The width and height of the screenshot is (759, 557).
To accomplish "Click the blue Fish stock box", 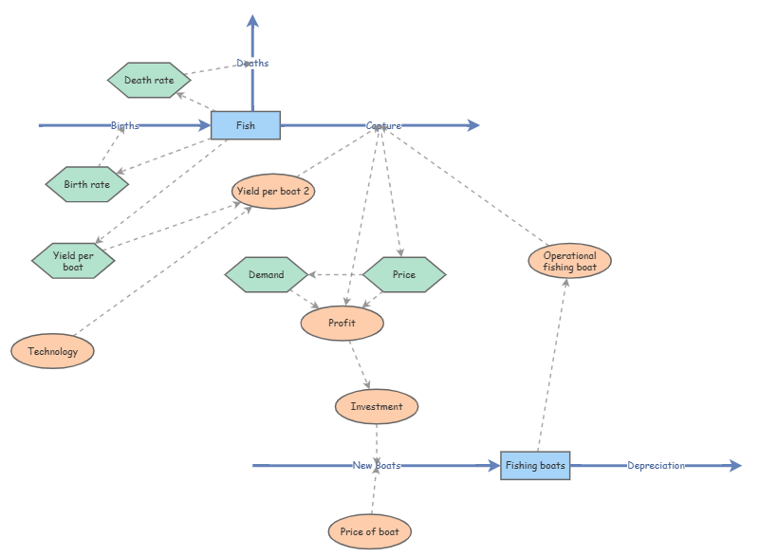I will (246, 125).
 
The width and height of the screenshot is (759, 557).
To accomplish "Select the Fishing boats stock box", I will (535, 466).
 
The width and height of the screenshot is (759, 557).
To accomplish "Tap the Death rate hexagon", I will (149, 81).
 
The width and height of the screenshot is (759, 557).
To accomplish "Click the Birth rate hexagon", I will (87, 184).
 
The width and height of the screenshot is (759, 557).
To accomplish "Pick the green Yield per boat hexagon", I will (73, 261).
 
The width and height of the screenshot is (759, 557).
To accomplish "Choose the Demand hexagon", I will (267, 275).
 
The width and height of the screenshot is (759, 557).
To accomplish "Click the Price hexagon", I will (404, 275).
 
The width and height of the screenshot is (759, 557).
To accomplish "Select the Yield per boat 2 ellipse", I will (273, 191).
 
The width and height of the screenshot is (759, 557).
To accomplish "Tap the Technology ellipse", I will (53, 351).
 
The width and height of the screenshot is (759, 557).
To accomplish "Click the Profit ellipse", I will (342, 324).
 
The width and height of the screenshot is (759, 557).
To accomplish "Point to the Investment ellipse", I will (377, 407).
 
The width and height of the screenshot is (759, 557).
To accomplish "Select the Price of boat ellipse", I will (370, 531).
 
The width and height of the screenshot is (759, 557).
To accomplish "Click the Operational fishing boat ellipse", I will (570, 261).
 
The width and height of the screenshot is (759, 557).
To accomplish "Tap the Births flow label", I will (125, 125).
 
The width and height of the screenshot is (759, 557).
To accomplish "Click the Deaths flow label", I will (252, 64).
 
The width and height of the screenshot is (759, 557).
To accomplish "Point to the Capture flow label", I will (383, 125).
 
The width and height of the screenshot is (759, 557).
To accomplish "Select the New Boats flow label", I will (377, 466).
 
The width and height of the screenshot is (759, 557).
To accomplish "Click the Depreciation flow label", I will (656, 466).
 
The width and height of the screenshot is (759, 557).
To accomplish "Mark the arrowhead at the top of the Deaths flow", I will (252, 21).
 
